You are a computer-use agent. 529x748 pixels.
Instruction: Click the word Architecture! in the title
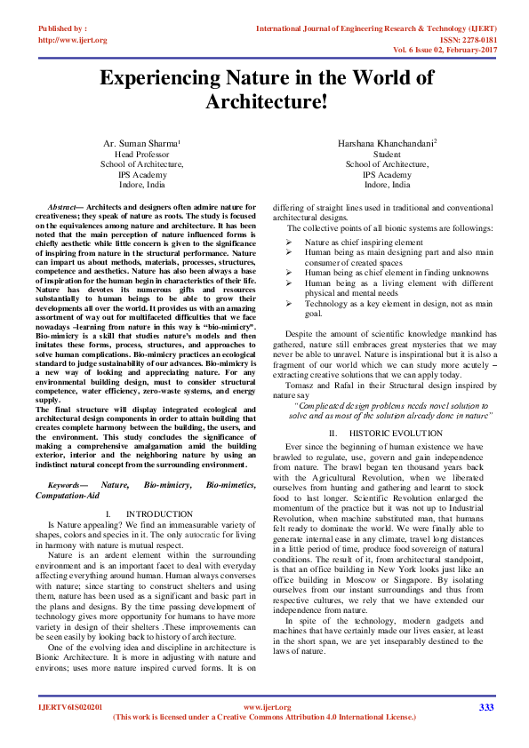tap(266, 102)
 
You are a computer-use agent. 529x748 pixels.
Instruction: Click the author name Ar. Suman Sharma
tap(140, 143)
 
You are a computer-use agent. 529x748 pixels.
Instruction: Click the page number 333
tap(485, 707)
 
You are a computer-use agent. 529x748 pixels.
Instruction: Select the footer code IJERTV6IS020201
tap(70, 707)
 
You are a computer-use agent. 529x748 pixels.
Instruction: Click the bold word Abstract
tap(65, 206)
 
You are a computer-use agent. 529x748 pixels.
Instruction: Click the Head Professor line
tap(141, 154)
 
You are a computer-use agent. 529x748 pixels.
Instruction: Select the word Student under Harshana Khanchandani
tap(387, 154)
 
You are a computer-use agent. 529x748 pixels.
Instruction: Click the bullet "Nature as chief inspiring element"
tap(364, 242)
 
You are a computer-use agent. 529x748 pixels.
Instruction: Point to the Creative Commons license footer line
tap(264, 716)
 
